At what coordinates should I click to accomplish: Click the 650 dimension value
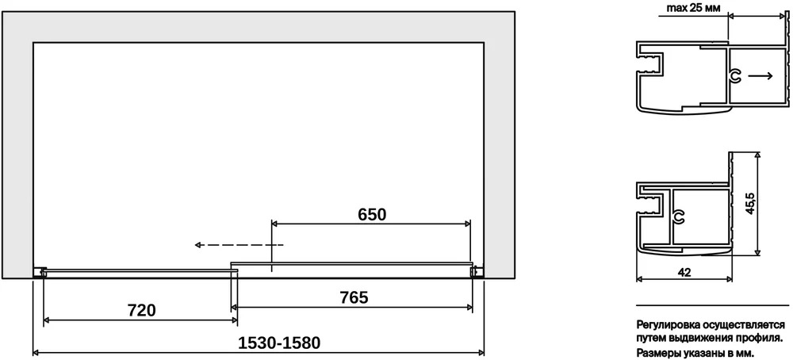point(372,214)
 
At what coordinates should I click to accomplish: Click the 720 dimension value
point(140,310)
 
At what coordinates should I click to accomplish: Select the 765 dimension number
point(354,298)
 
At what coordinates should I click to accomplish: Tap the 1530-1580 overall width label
point(280,343)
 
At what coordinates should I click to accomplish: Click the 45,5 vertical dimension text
point(750,203)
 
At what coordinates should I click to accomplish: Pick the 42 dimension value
point(684,272)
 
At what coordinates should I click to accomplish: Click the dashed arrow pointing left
point(239,245)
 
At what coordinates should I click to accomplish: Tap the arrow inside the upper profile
point(760,76)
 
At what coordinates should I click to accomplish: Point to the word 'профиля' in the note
point(760,338)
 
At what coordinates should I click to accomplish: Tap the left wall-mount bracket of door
point(40,273)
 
